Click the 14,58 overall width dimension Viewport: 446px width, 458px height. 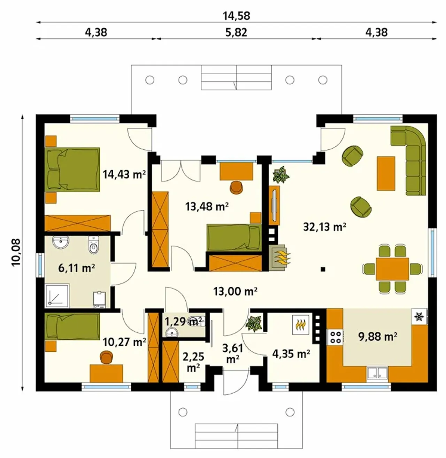coord(236,16)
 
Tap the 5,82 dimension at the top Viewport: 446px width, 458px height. coord(236,32)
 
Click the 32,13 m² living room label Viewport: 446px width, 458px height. coord(324,227)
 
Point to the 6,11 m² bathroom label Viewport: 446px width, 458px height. coord(77,268)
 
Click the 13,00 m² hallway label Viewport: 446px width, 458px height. coord(235,291)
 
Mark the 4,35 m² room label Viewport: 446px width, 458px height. coord(291,353)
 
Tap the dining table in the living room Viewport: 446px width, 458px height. coord(392,269)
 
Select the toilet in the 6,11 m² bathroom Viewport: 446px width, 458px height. coord(93,245)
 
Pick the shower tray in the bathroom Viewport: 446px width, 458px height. coord(57,296)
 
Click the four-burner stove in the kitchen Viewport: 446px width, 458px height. coord(335,337)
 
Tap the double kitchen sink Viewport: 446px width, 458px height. coord(377,373)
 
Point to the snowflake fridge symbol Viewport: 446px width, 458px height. coord(420,316)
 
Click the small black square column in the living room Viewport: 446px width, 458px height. coord(323,269)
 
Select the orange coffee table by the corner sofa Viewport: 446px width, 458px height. coord(386,173)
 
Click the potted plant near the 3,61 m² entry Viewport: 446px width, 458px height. coord(254,324)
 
